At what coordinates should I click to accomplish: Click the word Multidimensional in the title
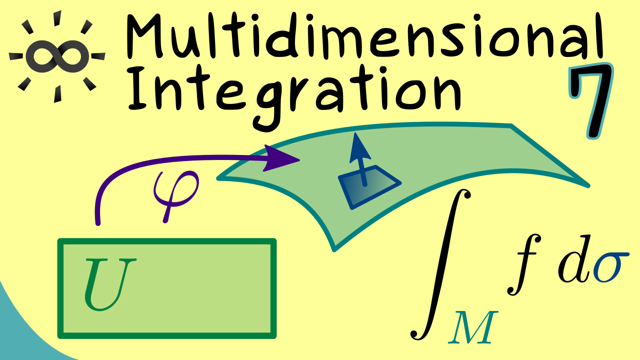coord(364,37)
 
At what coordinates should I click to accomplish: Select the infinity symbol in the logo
coord(57,56)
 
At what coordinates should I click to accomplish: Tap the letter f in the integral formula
coord(524,264)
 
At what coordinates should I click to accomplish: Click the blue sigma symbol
coord(611,266)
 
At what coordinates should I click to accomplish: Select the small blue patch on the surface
coord(369,187)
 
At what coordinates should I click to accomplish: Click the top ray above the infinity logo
coord(57,17)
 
